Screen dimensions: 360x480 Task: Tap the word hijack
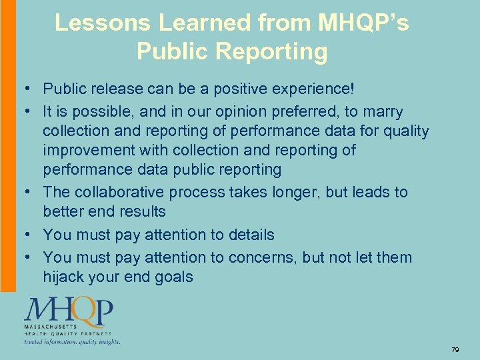click(63, 277)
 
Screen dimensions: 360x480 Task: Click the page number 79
click(455, 349)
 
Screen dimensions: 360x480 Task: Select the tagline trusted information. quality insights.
click(73, 341)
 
